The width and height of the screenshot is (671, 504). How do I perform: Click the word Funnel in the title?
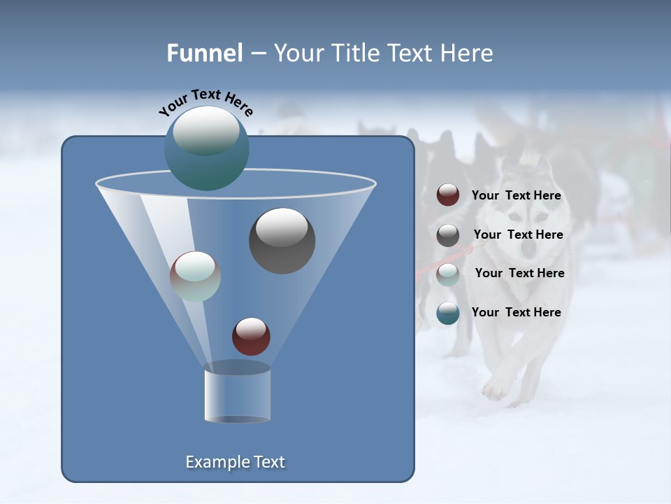(205, 53)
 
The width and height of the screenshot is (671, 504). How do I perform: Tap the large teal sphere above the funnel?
(206, 148)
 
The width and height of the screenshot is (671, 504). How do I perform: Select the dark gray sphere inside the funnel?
(282, 241)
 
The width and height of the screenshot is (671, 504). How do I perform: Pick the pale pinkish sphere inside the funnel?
(195, 276)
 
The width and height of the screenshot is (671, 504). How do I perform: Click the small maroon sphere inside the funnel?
(251, 336)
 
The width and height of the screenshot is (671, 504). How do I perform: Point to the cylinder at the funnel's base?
(237, 395)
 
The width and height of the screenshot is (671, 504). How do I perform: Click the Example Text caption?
(236, 462)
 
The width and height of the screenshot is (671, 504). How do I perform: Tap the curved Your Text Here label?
(205, 102)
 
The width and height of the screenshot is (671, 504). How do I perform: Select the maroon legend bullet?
(448, 195)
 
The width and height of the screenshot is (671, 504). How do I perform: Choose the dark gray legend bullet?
(448, 235)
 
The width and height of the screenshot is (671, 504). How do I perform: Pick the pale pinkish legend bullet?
(448, 274)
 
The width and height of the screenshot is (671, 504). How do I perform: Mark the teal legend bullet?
(448, 313)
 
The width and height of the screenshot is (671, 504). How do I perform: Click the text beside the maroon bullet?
(516, 196)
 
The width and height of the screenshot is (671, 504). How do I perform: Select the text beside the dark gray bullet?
(518, 235)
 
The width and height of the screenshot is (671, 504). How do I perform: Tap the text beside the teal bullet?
(516, 312)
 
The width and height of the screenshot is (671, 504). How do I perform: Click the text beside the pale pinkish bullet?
(519, 274)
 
